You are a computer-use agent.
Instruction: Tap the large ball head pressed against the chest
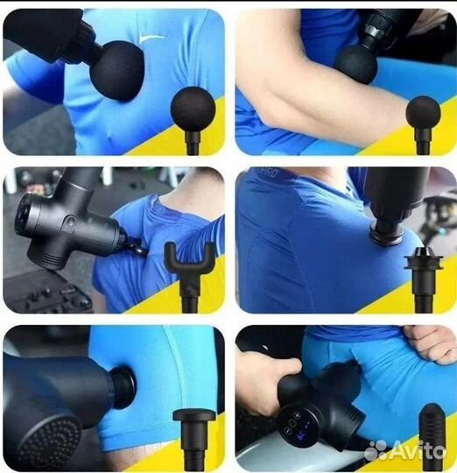coord(116,68)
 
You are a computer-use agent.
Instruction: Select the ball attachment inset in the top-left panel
coord(193,110)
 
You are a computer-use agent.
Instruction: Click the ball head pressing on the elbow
coord(355,63)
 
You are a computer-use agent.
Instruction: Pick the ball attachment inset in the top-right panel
coord(423,114)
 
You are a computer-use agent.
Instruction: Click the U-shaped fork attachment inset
coord(189,262)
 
